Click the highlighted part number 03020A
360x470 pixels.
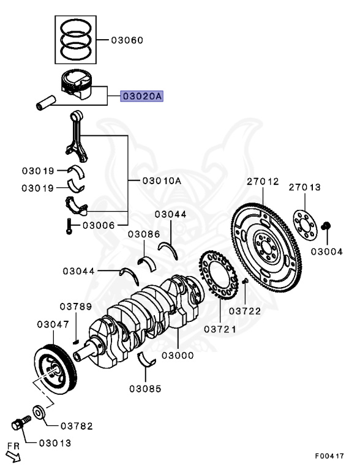141,96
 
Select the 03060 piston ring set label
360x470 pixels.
127,40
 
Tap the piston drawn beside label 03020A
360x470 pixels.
80,85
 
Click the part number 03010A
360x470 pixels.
162,181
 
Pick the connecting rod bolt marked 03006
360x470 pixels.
69,228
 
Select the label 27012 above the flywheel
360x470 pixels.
263,182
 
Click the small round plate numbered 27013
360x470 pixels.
304,220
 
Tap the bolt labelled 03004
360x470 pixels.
326,227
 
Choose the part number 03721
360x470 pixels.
220,329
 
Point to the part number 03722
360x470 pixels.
245,311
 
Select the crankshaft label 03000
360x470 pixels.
178,355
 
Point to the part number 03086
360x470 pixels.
144,234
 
